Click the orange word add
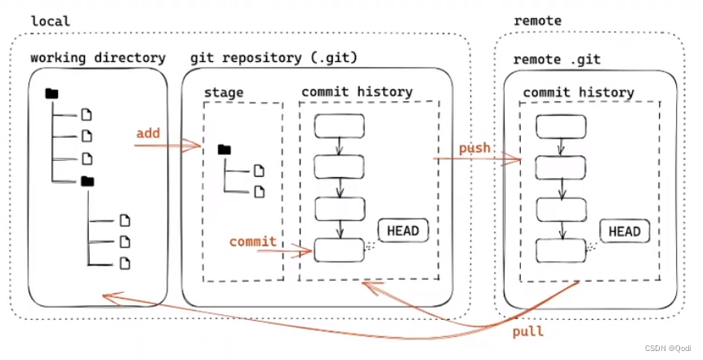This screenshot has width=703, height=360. [148, 134]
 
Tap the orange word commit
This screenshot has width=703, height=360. [253, 242]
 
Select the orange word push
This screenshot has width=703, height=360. [474, 149]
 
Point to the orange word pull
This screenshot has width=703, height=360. [528, 331]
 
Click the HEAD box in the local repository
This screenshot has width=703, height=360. [403, 231]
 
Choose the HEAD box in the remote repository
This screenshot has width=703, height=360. [625, 231]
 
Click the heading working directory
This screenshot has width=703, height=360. [98, 58]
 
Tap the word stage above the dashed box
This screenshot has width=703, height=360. [224, 92]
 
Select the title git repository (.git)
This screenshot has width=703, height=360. [274, 58]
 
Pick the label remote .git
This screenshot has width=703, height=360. [556, 59]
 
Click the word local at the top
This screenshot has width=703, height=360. [51, 21]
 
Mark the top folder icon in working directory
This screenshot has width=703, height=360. [51, 94]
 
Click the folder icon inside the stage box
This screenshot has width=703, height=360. [225, 149]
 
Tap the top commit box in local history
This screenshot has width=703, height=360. [340, 126]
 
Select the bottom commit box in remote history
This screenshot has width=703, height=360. [561, 251]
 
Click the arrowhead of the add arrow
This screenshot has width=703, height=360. [193, 145]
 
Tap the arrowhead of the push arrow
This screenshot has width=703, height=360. [513, 158]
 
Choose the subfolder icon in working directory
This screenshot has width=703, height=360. [87, 181]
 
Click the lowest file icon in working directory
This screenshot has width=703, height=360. [125, 263]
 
